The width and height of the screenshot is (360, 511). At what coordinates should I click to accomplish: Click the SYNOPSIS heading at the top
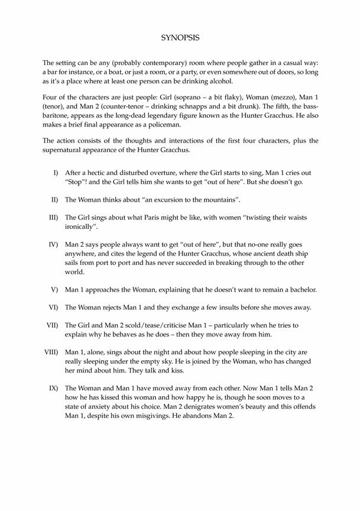tap(180, 37)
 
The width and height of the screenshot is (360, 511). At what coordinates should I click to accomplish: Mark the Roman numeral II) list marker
tap(54, 199)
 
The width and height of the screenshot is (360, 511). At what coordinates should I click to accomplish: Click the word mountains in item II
tap(216, 199)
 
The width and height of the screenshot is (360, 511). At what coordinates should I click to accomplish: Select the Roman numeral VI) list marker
tap(53, 307)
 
